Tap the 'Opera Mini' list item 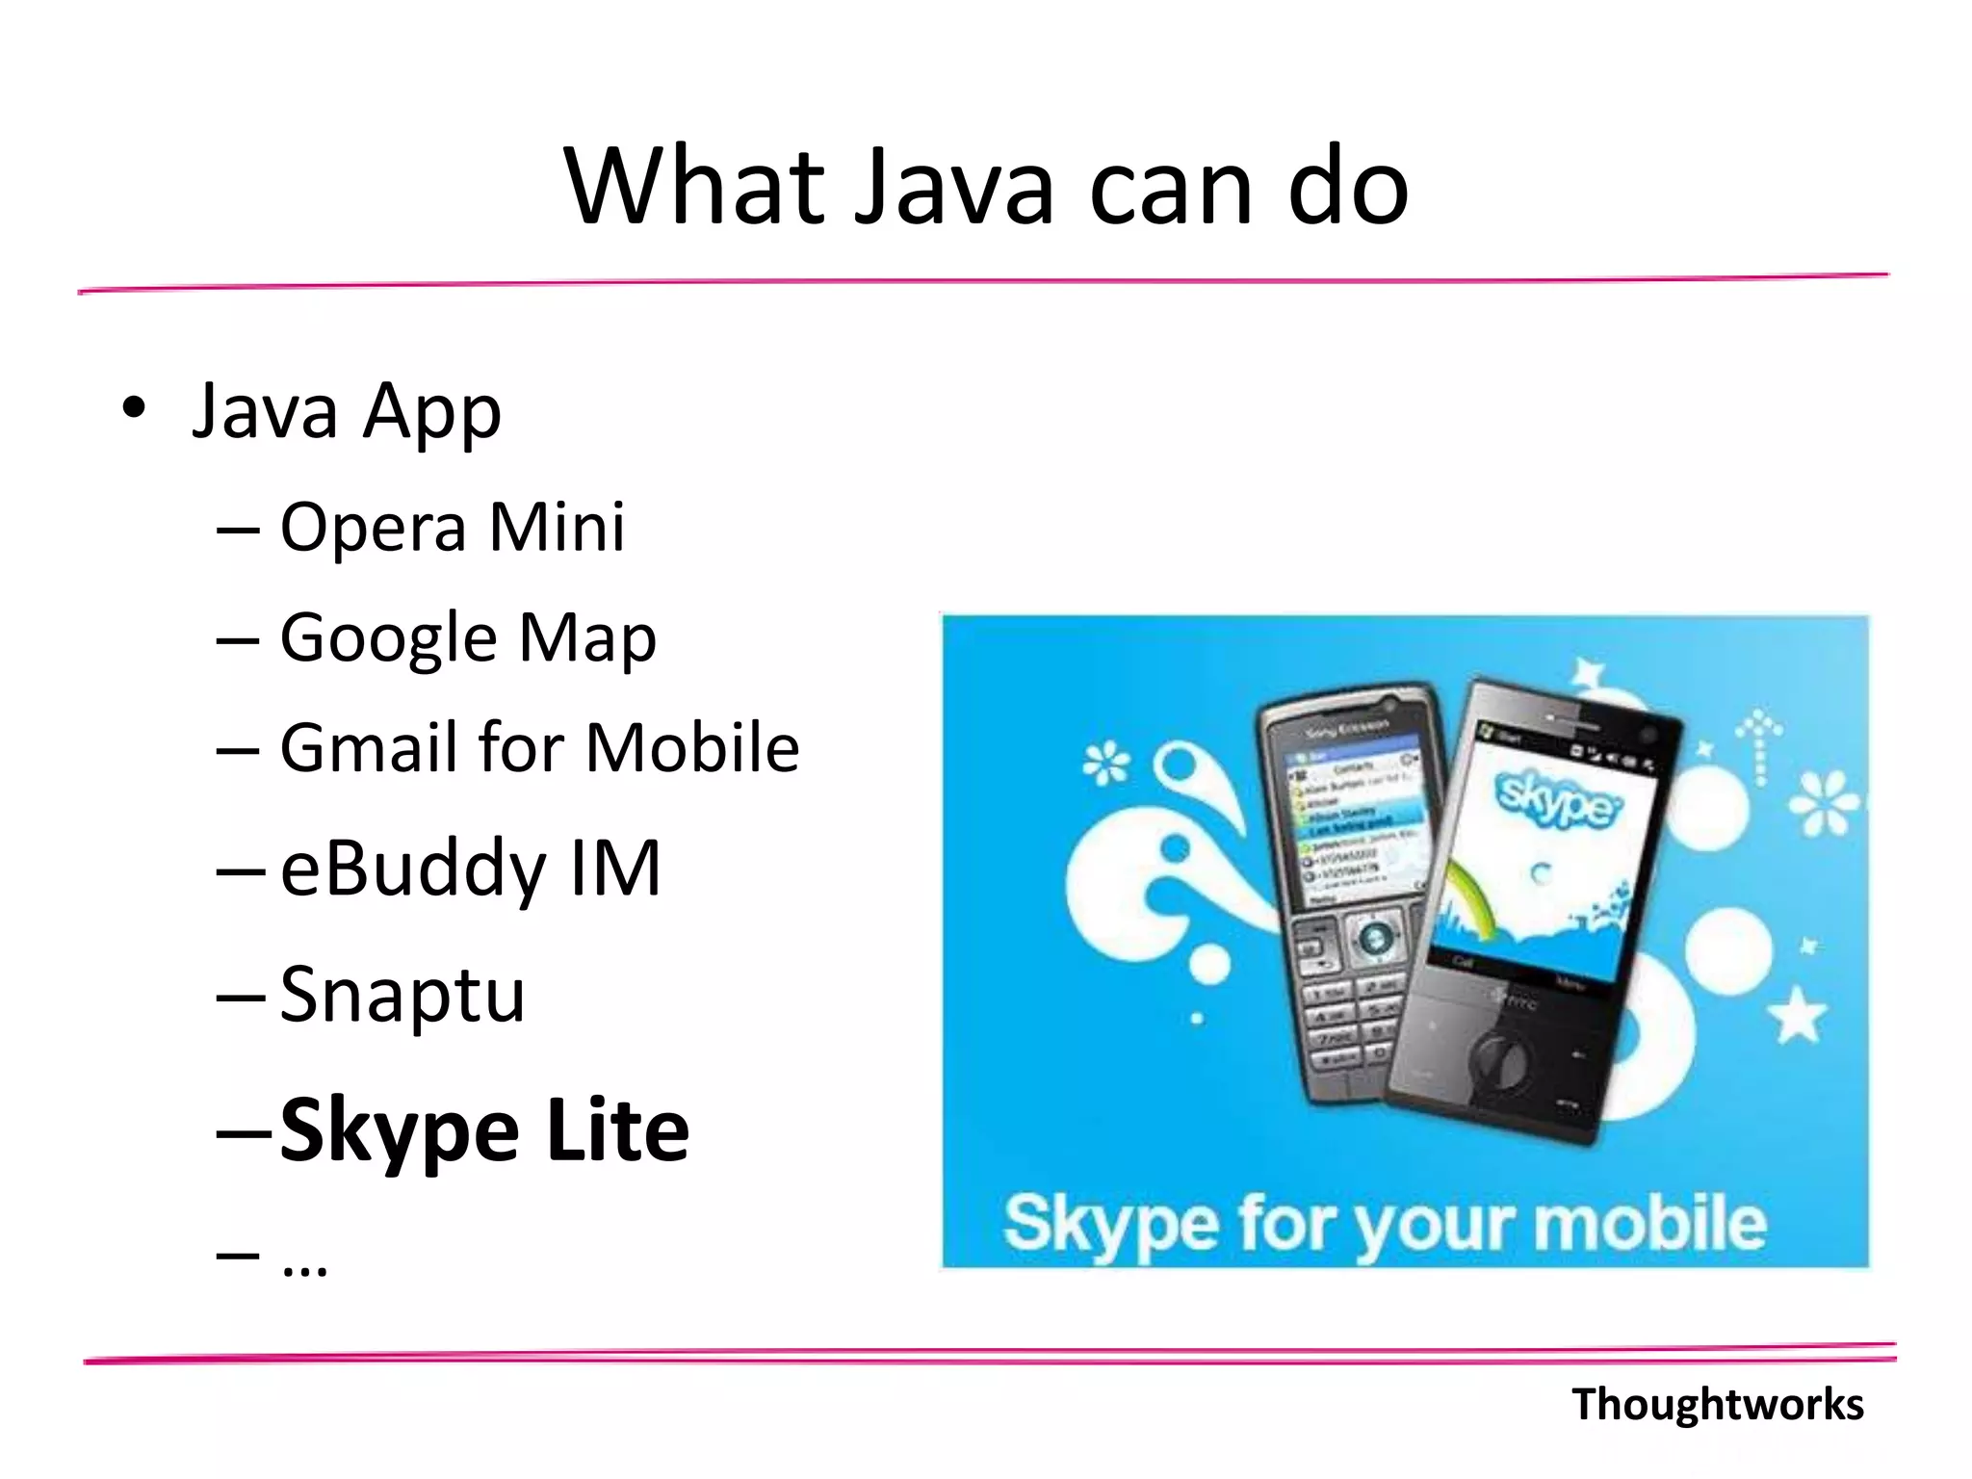click(452, 528)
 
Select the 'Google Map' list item click(468, 638)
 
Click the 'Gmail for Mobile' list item click(539, 748)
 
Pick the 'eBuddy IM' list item click(471, 869)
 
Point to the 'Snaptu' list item click(402, 995)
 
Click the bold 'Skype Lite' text click(484, 1130)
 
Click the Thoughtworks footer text click(1718, 1405)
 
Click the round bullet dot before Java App click(134, 408)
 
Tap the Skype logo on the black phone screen click(1557, 798)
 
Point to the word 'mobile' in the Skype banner click(1650, 1224)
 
